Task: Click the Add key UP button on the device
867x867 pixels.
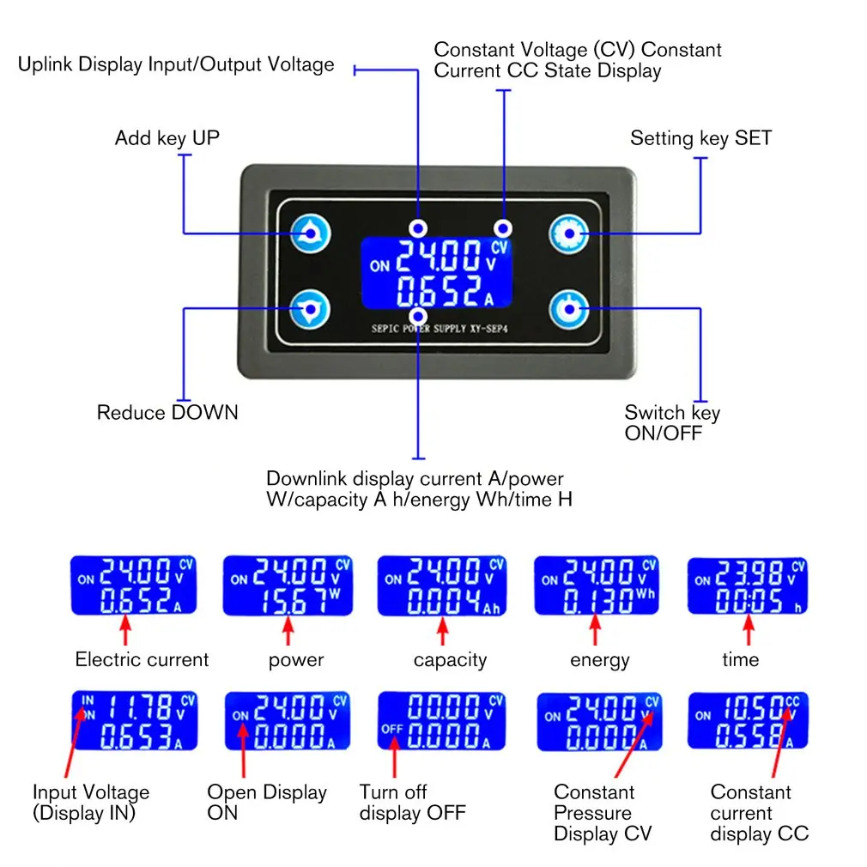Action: (311, 233)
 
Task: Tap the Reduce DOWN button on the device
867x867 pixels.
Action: (310, 309)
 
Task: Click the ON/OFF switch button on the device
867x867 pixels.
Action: (569, 309)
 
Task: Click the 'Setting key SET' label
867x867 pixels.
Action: (700, 138)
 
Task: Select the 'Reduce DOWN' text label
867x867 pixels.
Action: (167, 413)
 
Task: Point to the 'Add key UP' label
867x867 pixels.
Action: (167, 138)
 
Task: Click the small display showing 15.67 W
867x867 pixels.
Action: (288, 585)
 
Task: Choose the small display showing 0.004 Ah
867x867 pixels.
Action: (442, 585)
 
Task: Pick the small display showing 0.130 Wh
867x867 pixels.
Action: (597, 585)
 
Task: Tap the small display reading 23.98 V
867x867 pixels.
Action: (748, 585)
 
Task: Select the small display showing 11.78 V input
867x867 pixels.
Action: (135, 720)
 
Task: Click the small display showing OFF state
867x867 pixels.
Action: (442, 721)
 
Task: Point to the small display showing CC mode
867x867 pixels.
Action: (749, 720)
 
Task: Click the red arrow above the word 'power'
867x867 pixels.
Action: (288, 631)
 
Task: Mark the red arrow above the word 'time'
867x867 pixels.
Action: (749, 631)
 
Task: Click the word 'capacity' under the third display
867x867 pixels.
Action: (450, 660)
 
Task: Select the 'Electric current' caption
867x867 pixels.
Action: (142, 659)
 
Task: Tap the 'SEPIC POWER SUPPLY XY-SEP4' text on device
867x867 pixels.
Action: (440, 329)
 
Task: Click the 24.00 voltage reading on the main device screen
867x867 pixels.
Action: (439, 256)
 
